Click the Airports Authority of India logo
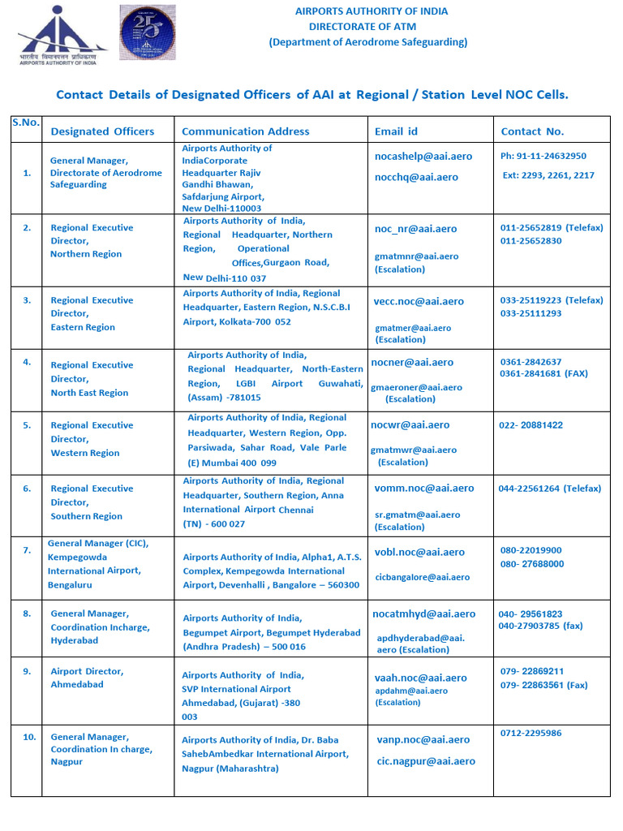(x=58, y=37)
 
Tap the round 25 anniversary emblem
(x=147, y=32)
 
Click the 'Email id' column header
(x=396, y=131)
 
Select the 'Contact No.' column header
(x=532, y=131)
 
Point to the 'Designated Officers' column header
(x=102, y=131)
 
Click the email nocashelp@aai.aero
(x=423, y=156)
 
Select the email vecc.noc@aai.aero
(x=419, y=301)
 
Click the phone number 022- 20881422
(x=531, y=425)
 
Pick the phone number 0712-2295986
(x=531, y=733)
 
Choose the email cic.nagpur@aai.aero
(x=426, y=761)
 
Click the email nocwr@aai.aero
(x=410, y=424)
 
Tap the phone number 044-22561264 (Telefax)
(x=549, y=489)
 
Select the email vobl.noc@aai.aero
(x=419, y=552)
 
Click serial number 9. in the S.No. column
(x=27, y=671)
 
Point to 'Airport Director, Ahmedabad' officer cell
(x=88, y=678)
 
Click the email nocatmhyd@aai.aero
(x=423, y=614)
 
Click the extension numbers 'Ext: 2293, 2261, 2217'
(x=548, y=175)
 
